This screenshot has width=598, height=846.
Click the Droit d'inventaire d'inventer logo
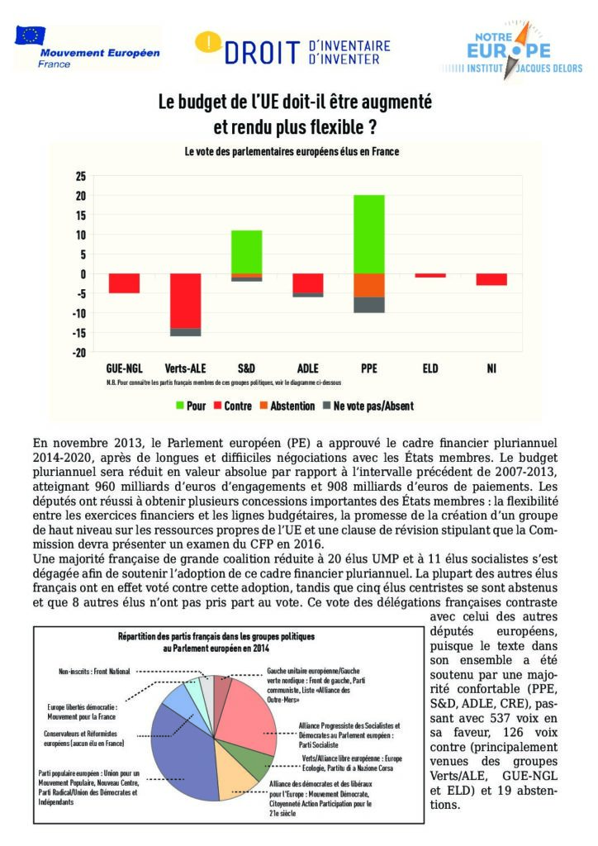point(292,49)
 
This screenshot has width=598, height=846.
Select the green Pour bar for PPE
point(369,234)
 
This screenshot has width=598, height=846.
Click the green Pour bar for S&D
point(246,251)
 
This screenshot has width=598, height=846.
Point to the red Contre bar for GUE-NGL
point(124,283)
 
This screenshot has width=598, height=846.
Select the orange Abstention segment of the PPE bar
point(369,285)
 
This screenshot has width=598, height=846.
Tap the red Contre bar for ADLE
point(307,283)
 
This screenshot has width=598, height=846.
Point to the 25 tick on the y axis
point(81,176)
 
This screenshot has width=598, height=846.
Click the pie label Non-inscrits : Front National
point(94,671)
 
